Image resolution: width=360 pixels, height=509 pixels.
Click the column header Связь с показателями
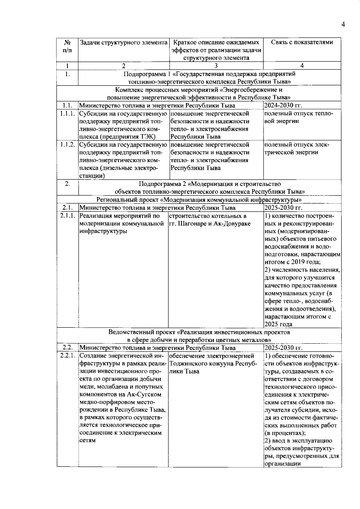point(302,42)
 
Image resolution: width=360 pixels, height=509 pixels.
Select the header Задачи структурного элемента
point(123,42)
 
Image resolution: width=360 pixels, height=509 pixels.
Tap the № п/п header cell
point(67,46)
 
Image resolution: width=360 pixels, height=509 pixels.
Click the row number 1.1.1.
point(67,114)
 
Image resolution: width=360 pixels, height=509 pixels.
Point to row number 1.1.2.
point(67,145)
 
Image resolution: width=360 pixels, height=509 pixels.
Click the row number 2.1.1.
point(67,216)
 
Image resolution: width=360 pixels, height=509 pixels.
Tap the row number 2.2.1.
point(67,356)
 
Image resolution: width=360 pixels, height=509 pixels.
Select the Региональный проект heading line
point(199,200)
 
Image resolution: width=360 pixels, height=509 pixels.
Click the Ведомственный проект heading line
point(199,332)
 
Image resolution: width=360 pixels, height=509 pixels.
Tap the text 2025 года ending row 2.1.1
point(278,324)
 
